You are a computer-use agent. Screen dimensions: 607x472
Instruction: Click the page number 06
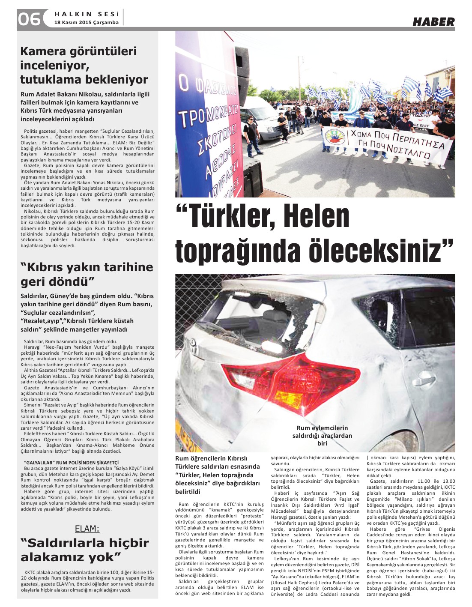point(29,19)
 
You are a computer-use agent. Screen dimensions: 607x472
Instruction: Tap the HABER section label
point(433,22)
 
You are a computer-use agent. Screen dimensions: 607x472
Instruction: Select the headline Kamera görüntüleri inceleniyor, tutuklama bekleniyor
point(84,65)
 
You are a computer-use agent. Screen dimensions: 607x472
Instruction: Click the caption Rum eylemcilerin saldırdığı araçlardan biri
point(322,435)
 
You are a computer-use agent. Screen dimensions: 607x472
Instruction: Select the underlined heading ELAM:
point(87,528)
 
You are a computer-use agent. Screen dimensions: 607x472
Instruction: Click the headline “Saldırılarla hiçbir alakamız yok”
point(84,550)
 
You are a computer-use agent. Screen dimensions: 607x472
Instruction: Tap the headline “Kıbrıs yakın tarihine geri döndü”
point(87,274)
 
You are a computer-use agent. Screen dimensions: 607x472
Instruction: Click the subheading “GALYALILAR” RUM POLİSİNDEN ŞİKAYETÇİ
point(71,463)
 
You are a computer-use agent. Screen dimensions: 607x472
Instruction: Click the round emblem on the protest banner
point(335,137)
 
